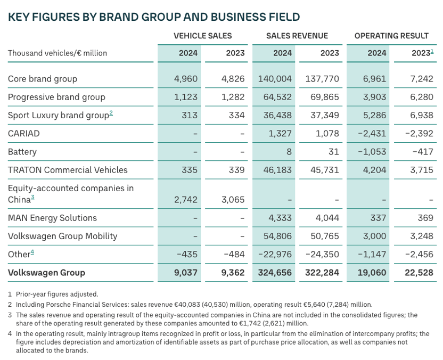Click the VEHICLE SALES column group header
tap(202, 36)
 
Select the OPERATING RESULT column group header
tap(391, 36)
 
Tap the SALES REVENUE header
tap(297, 36)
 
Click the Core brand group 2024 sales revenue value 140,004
tap(275, 79)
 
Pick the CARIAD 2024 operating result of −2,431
tap(372, 133)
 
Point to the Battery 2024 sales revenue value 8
tap(289, 152)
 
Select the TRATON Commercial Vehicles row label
tap(68, 170)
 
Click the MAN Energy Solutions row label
tap(52, 218)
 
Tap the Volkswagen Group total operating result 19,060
tap(372, 273)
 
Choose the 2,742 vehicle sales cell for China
tap(186, 200)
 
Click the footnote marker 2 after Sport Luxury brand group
tap(111, 113)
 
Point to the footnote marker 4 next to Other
tap(32, 252)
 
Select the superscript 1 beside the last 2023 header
tap(432, 51)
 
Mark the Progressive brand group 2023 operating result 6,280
tap(422, 97)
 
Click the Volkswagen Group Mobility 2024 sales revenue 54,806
tap(277, 236)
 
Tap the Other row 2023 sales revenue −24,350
tap(322, 255)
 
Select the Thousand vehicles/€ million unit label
tap(58, 53)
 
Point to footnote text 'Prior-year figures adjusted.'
tap(57, 294)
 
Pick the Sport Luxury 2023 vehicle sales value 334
tap(237, 115)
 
